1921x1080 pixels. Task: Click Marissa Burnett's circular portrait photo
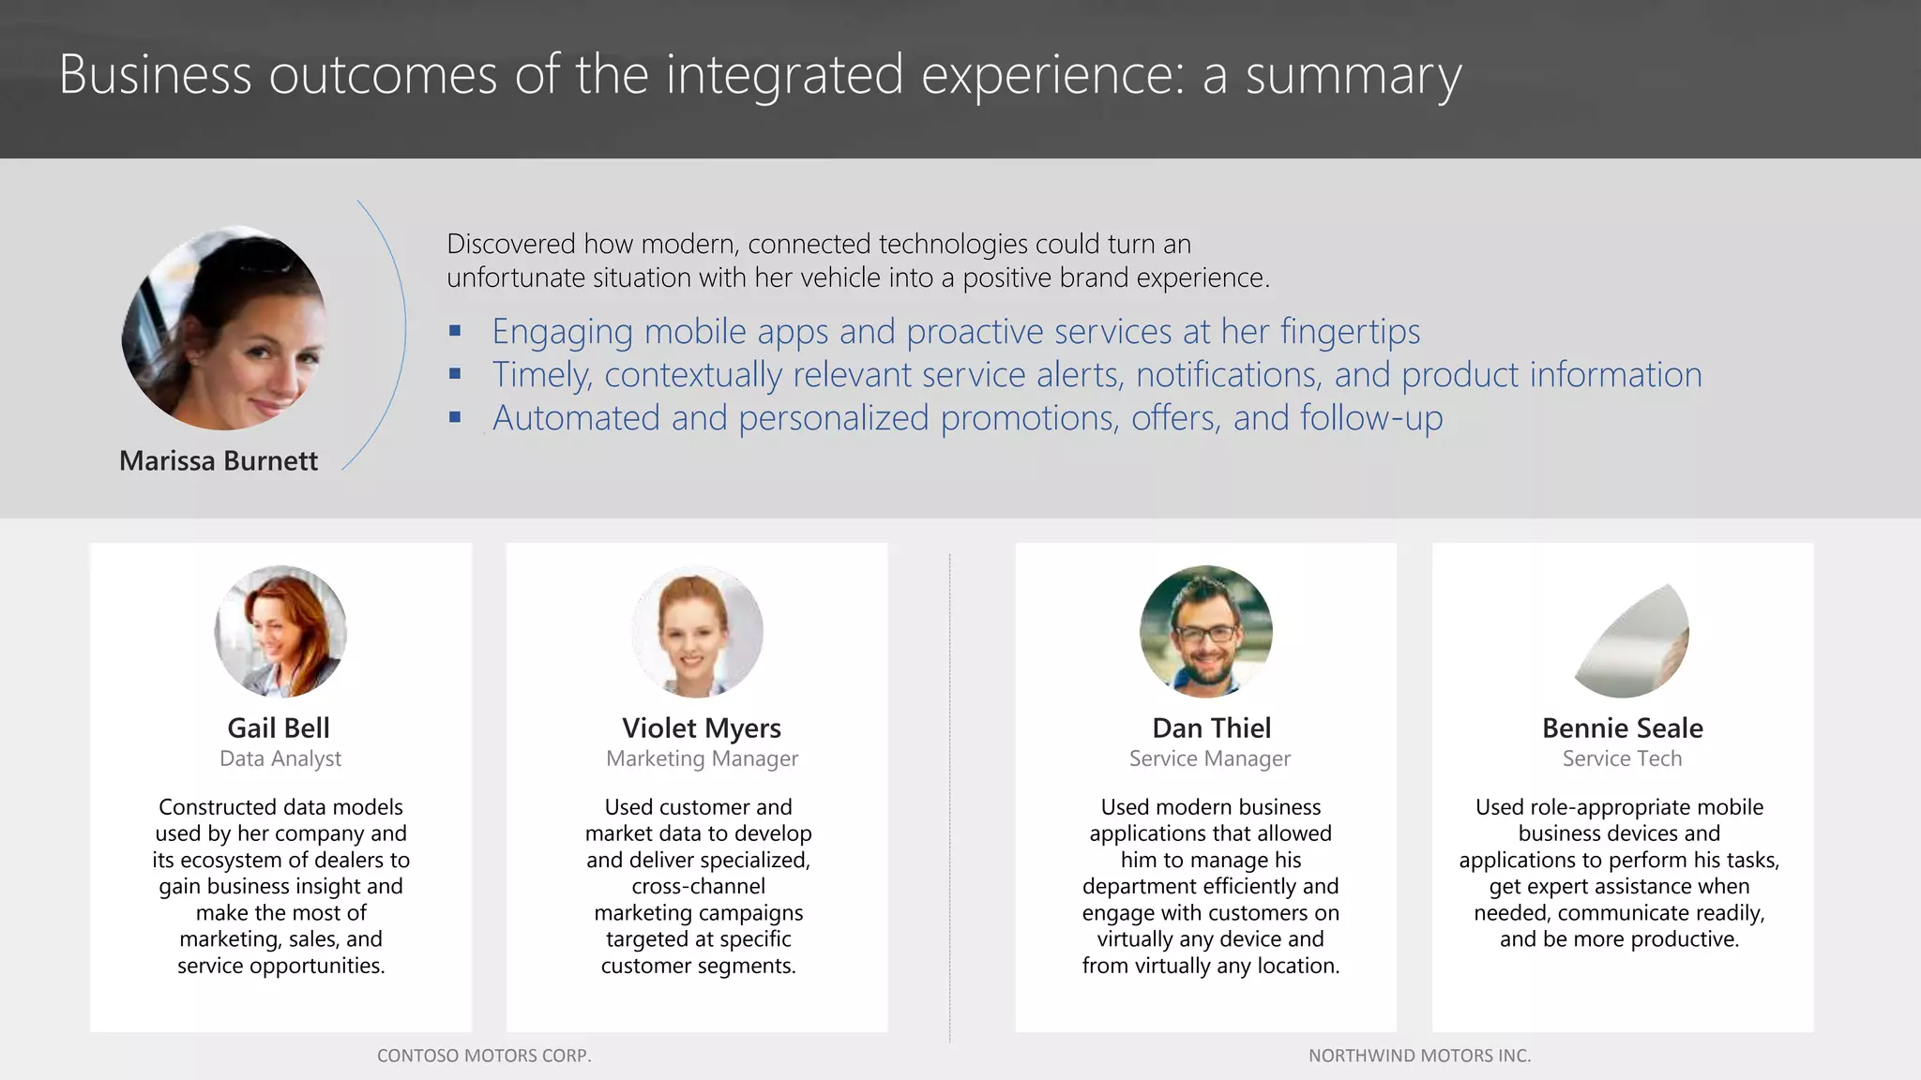click(x=225, y=328)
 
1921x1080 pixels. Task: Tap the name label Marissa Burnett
click(x=219, y=461)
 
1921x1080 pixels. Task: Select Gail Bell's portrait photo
click(x=280, y=631)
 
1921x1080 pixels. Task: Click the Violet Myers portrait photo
click(x=697, y=631)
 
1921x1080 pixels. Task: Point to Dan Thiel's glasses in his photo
click(x=1207, y=634)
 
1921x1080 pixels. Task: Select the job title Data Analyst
click(x=280, y=758)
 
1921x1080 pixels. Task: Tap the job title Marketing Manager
click(x=702, y=758)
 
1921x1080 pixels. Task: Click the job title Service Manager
click(x=1209, y=758)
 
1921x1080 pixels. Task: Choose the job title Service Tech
click(x=1622, y=758)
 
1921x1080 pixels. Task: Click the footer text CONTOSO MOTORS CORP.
click(x=484, y=1056)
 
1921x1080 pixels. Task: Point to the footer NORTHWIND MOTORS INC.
click(x=1419, y=1056)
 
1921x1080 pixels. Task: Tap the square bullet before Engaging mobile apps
click(x=455, y=331)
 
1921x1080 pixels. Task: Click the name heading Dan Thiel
click(x=1211, y=728)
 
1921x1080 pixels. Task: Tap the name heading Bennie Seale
click(x=1622, y=728)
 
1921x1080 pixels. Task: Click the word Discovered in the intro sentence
click(x=510, y=245)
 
